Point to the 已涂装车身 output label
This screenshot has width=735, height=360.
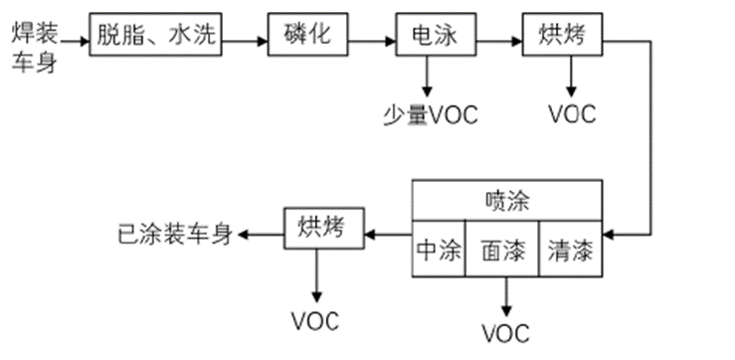174,236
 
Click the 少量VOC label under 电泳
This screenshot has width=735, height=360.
430,114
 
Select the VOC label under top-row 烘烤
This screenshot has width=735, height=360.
572,114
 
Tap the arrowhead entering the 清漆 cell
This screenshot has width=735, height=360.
610,236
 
